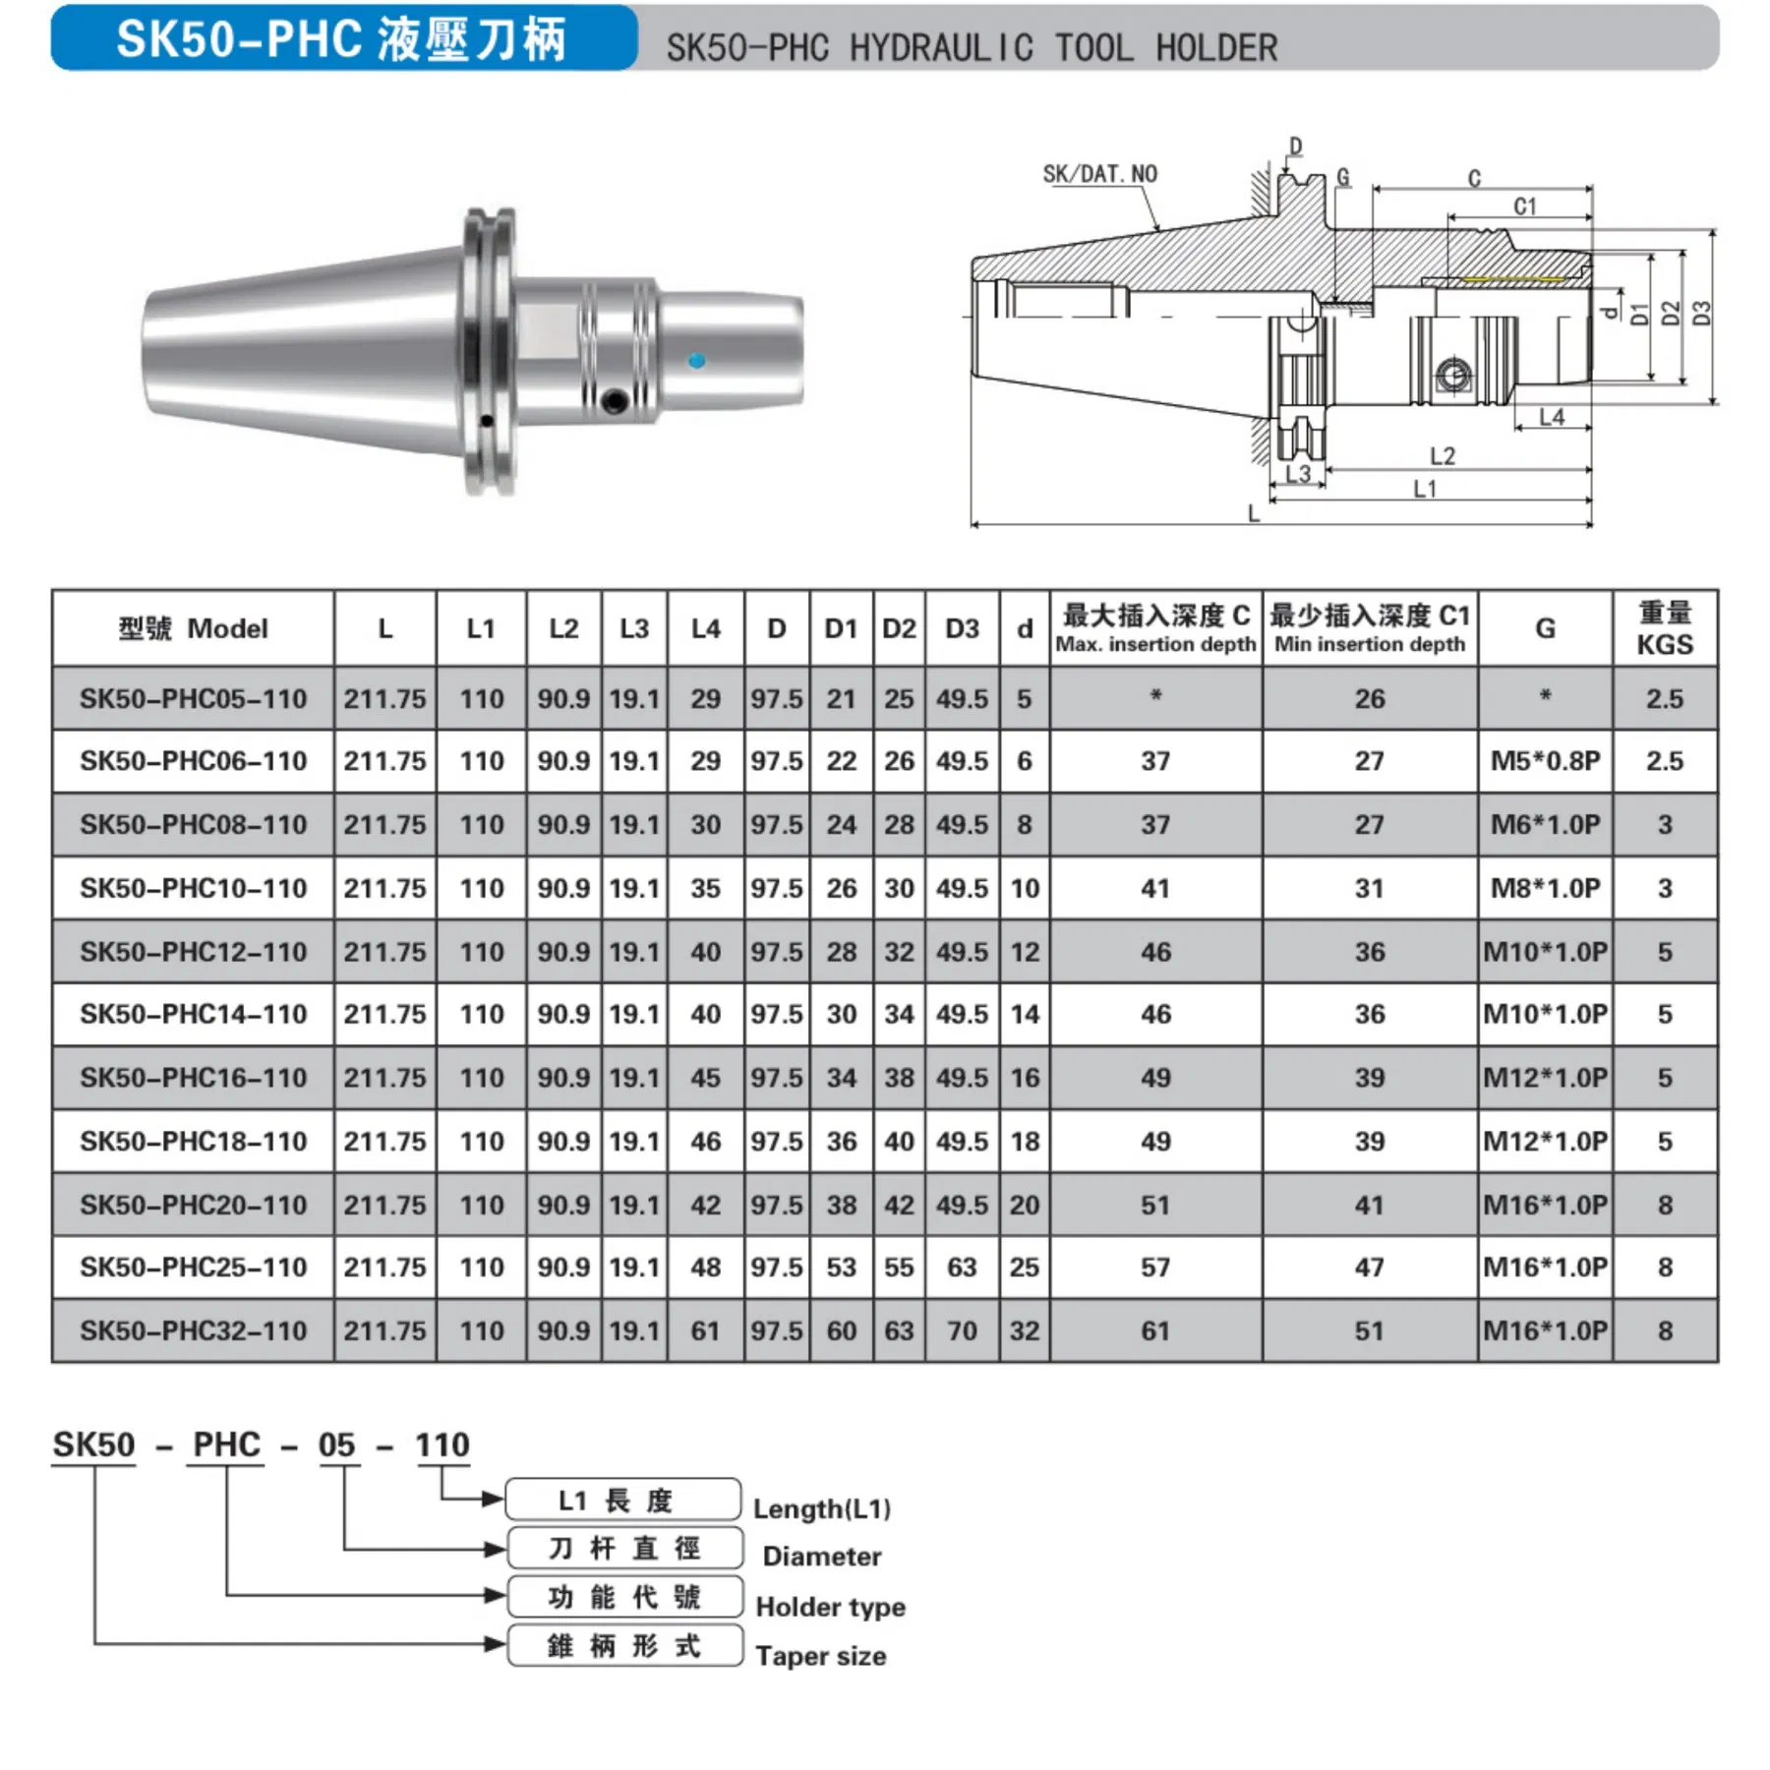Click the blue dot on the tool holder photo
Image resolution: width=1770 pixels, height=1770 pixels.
(696, 361)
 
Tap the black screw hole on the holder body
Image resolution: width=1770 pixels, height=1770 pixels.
(616, 400)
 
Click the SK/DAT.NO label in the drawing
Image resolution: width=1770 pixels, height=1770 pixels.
(1099, 174)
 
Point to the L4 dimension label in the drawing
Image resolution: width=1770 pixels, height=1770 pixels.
(1552, 417)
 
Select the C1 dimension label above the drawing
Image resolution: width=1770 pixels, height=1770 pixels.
(1524, 206)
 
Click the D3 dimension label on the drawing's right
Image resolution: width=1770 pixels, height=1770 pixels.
(1702, 314)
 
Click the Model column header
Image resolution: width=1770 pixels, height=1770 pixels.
(193, 629)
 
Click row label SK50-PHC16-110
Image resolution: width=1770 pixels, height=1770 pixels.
(193, 1078)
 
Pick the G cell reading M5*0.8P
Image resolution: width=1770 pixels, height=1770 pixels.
(1545, 761)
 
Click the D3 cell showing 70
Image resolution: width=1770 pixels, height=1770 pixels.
(961, 1331)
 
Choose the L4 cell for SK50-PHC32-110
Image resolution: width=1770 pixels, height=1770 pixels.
(705, 1331)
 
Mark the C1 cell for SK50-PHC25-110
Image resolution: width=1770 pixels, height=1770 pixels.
(1369, 1268)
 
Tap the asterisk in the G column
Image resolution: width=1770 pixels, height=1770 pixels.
(1545, 696)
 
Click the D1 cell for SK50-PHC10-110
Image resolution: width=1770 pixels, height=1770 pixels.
(841, 889)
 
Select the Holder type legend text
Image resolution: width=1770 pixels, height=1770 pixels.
(830, 1607)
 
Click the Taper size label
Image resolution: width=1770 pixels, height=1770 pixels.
(820, 1656)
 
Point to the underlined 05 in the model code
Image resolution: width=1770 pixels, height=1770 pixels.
(336, 1445)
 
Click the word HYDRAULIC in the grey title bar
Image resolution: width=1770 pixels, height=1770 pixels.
(940, 48)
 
